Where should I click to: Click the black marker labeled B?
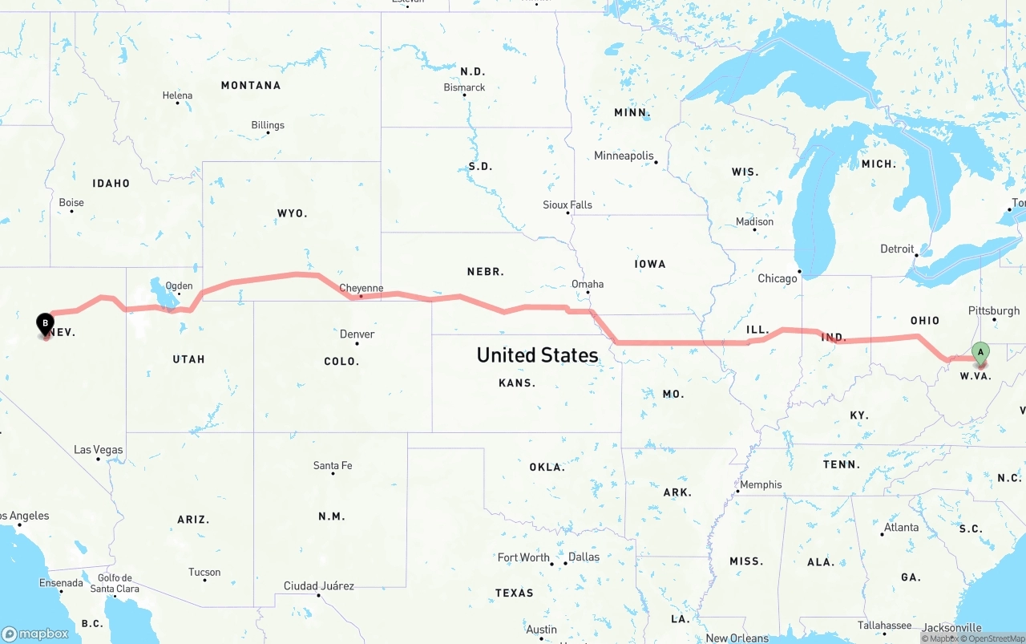(x=46, y=324)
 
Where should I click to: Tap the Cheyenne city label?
(x=361, y=288)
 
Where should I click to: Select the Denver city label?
(x=357, y=334)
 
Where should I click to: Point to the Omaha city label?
(x=588, y=284)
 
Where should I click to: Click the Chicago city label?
(x=778, y=278)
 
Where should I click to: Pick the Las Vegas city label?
(x=98, y=450)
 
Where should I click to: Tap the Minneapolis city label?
(x=624, y=156)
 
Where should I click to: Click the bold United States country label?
(x=537, y=355)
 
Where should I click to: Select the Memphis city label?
(x=761, y=484)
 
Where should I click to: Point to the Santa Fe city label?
(x=332, y=465)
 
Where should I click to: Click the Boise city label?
(x=71, y=202)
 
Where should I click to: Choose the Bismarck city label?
(x=464, y=87)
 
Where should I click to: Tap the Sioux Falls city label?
(x=568, y=205)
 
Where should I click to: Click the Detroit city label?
(x=897, y=249)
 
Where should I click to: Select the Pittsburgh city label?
(x=994, y=310)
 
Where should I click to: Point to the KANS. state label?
(x=517, y=383)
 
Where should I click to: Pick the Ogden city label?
(x=179, y=286)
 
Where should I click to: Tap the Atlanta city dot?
(x=883, y=534)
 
